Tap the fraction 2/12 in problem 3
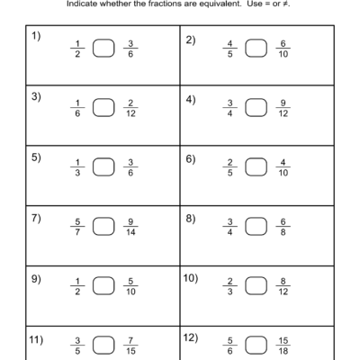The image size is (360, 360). click(131, 107)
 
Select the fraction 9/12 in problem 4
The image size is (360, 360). click(285, 107)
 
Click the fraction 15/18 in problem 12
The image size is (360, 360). click(285, 346)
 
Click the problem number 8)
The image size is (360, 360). click(190, 218)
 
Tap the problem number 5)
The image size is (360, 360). click(36, 157)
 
